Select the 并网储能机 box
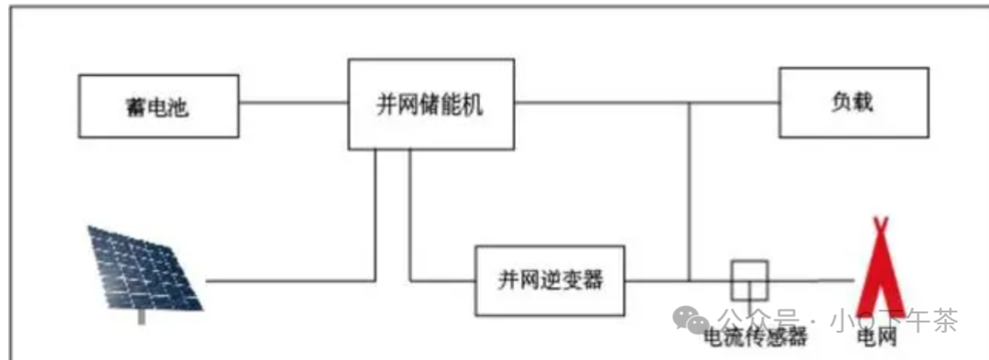point(429,104)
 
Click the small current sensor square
point(749,279)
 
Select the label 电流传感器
point(754,337)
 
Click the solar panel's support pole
point(140,315)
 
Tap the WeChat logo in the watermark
point(690,320)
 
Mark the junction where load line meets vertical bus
point(689,103)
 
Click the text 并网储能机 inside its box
point(429,104)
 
